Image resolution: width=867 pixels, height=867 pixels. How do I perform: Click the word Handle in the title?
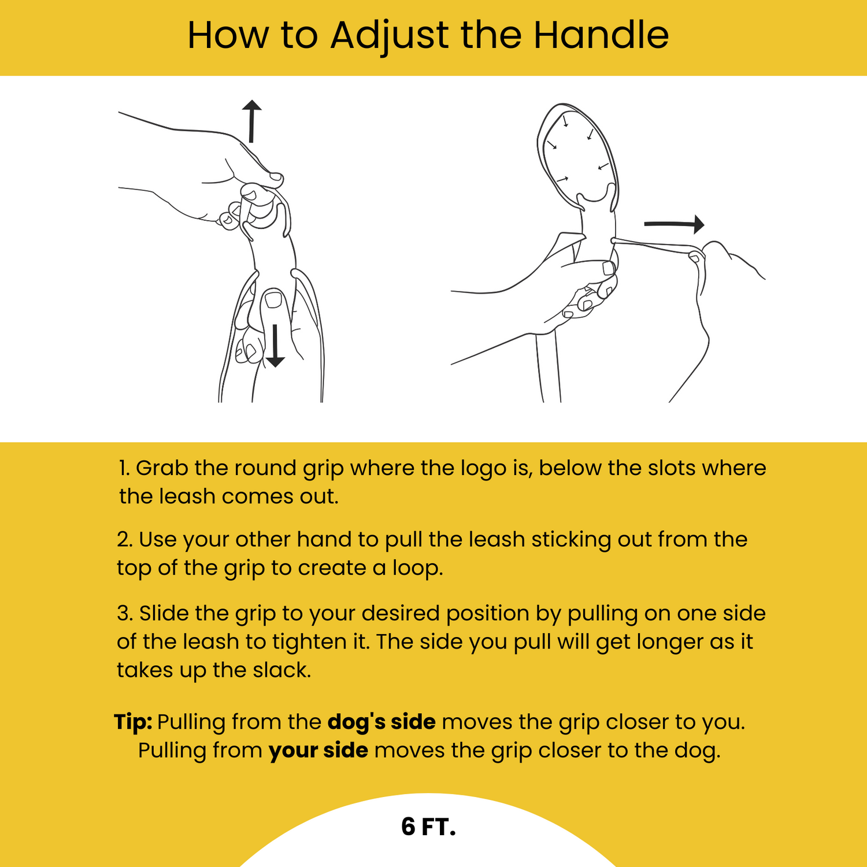click(x=601, y=36)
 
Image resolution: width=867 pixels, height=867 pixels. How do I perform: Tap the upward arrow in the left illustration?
click(x=251, y=121)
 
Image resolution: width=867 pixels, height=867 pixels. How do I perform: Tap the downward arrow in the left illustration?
click(x=275, y=346)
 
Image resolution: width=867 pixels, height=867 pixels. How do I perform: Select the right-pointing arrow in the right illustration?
click(x=674, y=224)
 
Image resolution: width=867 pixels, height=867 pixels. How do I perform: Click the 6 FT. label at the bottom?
click(x=428, y=827)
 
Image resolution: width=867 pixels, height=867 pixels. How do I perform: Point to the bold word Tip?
click(x=133, y=722)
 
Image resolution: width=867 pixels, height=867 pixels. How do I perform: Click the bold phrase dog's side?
click(x=381, y=722)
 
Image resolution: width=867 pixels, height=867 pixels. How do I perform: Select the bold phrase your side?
click(x=318, y=750)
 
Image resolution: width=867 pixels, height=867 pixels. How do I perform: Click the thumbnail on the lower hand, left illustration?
click(x=273, y=300)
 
